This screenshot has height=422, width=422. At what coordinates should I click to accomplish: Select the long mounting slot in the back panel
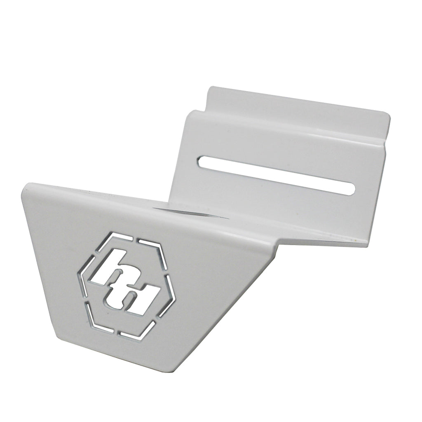[276, 173]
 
